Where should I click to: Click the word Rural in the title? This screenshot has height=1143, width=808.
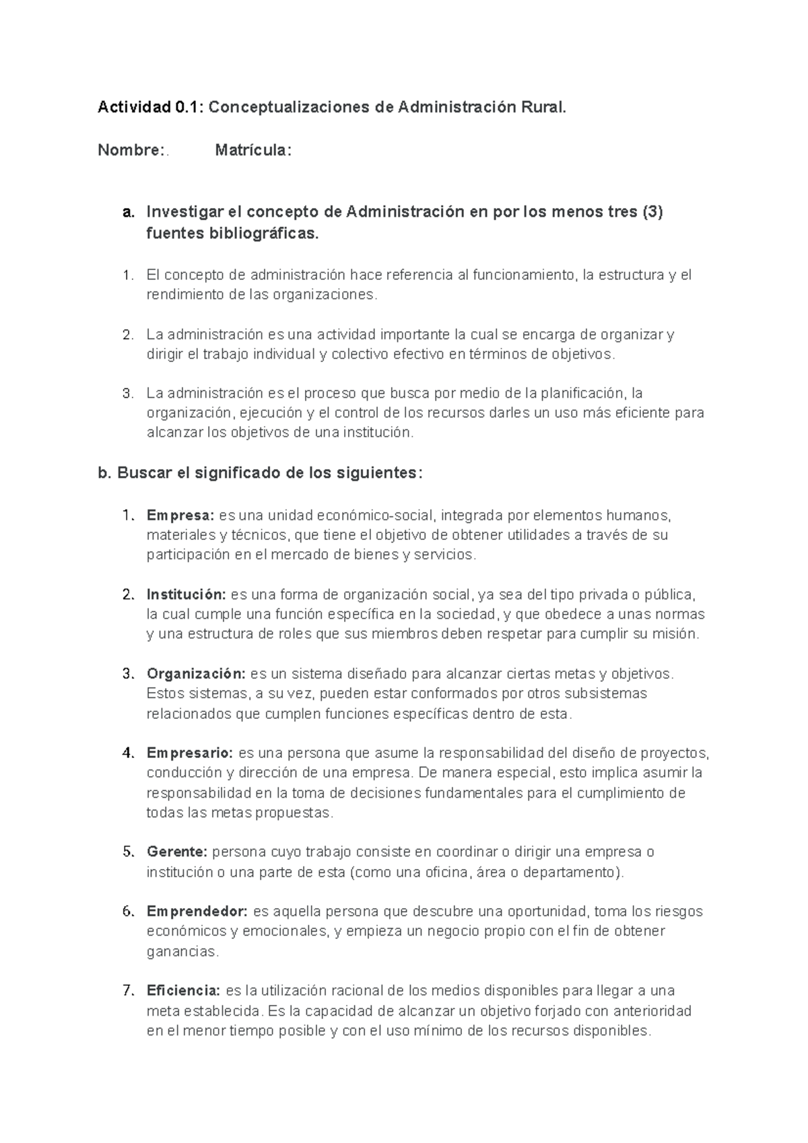541,107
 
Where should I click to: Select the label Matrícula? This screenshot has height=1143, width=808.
253,150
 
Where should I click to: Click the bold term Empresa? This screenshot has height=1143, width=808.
180,516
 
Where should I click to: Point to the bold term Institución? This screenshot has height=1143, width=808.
186,594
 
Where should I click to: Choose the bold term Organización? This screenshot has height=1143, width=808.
196,674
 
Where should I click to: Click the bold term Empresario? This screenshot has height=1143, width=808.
190,753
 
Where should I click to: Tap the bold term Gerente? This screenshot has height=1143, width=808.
176,852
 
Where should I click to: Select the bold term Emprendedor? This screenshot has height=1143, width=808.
197,911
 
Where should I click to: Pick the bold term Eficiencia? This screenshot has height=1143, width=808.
183,991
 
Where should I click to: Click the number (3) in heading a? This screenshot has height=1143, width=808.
652,212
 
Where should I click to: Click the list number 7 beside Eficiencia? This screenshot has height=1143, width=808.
128,991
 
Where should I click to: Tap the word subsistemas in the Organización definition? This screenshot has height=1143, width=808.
605,693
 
